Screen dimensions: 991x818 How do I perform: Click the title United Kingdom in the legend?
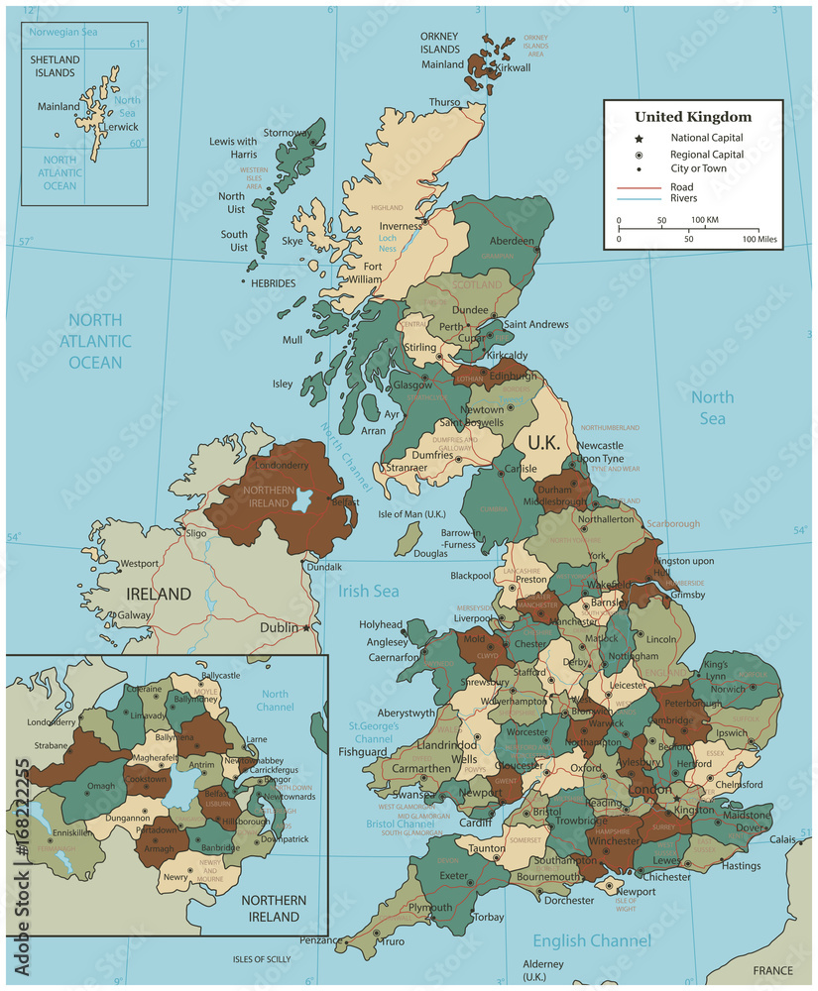[693, 117]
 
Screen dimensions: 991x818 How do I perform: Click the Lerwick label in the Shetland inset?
[122, 127]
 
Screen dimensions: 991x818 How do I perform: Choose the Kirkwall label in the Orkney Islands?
[513, 68]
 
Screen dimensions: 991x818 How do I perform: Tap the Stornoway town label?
[288, 133]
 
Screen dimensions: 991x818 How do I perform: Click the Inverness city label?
[401, 226]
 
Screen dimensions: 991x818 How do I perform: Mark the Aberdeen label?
[512, 241]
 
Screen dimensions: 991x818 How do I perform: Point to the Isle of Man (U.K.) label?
[412, 513]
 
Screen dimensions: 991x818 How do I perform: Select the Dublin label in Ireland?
[279, 627]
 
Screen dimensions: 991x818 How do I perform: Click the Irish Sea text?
[368, 592]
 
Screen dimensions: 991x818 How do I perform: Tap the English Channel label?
[592, 940]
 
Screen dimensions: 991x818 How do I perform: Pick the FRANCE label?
[772, 970]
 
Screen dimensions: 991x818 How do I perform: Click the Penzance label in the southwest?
[321, 938]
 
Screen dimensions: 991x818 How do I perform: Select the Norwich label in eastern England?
[727, 689]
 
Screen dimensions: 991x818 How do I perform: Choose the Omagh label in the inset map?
[102, 786]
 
